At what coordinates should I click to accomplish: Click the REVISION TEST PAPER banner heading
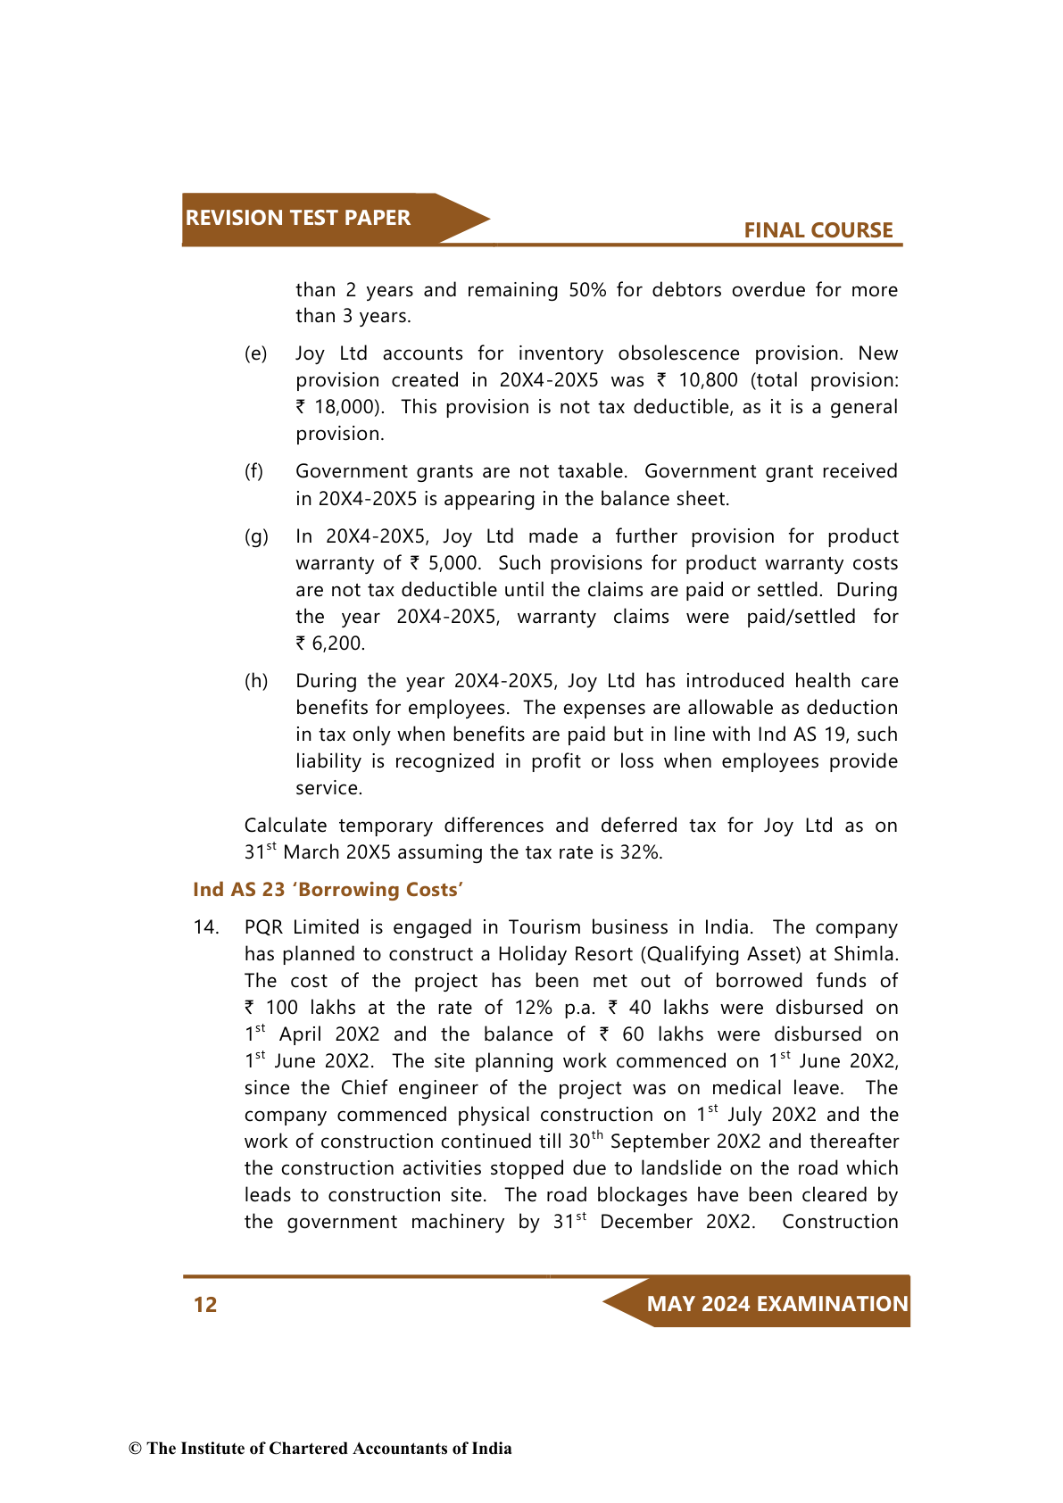[297, 218]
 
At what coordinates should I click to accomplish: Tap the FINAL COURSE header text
[818, 230]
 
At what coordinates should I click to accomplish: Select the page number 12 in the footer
[205, 1305]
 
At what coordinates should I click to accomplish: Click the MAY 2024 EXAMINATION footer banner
[776, 1304]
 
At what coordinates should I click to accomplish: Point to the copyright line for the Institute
[320, 1449]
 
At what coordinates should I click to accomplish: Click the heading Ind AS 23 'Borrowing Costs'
[328, 890]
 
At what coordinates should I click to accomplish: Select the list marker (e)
[256, 353]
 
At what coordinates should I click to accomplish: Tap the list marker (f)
[254, 471]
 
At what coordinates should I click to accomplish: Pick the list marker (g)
[256, 536]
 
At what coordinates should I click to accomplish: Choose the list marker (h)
[256, 681]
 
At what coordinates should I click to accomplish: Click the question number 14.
[206, 927]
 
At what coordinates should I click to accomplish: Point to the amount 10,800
[708, 380]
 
